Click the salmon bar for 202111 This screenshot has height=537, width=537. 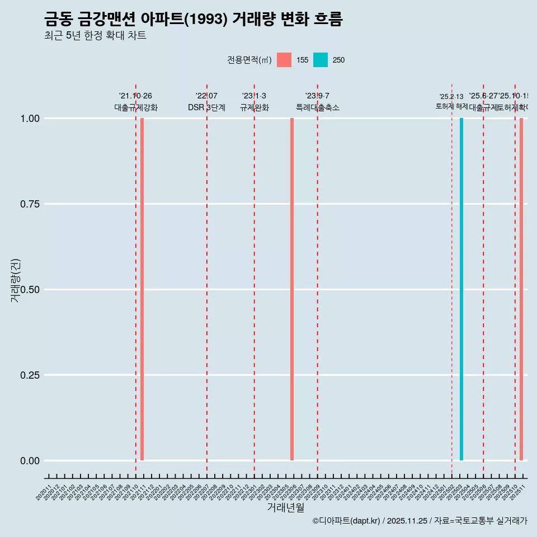point(142,289)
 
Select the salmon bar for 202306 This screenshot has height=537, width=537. point(292,289)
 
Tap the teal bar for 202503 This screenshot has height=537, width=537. point(461,289)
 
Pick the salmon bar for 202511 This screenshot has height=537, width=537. point(521,289)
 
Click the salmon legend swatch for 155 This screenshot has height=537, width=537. point(284,60)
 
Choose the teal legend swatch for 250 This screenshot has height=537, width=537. point(321,60)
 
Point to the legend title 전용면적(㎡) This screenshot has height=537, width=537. point(249,60)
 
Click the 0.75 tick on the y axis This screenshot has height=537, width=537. point(29,204)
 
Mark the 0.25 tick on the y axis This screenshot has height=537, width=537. point(29,375)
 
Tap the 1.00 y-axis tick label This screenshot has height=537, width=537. point(29,119)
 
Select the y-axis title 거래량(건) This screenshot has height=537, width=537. point(15,281)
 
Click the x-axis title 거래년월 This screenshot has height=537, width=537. point(285,508)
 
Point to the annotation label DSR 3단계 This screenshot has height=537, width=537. point(206,107)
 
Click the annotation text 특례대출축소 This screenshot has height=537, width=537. point(317,107)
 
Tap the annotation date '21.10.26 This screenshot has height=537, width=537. point(135,96)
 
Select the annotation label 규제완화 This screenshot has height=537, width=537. point(254,107)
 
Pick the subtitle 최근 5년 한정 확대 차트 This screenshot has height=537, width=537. point(95,36)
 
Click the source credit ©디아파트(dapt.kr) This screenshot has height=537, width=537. point(346,521)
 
